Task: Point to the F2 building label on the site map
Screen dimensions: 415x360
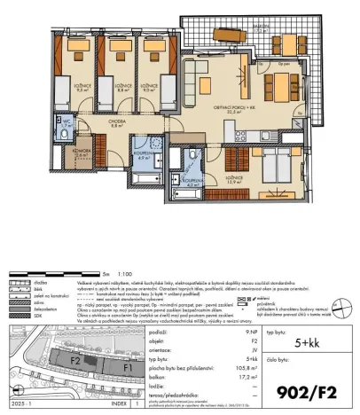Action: pos(76,362)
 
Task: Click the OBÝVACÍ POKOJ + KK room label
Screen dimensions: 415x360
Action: pos(235,108)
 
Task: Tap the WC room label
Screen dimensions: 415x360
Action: pos(66,121)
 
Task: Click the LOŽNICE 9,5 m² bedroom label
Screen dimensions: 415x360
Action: pos(60,86)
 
